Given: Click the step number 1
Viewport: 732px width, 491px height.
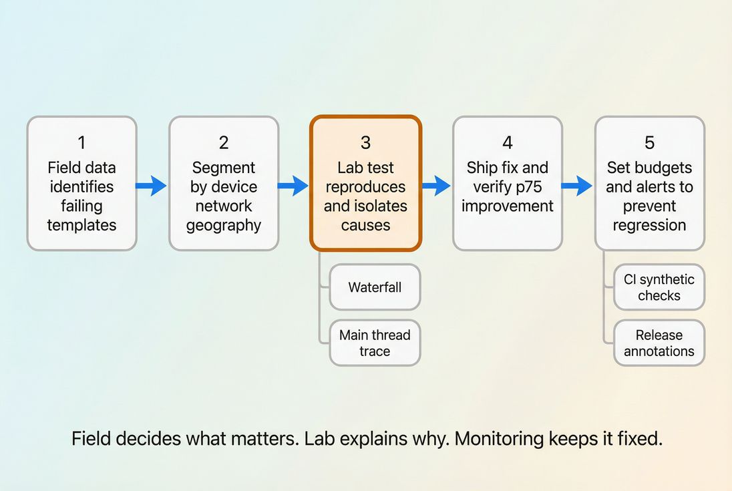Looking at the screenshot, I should pos(81,142).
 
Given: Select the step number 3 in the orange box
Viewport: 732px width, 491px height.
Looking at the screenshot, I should pos(365,142).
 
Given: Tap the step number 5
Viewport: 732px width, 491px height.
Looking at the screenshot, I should pos(649,142).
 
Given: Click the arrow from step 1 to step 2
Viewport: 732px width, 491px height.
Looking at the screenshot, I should pos(152,185).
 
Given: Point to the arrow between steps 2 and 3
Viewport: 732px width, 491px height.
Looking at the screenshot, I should pos(293,185).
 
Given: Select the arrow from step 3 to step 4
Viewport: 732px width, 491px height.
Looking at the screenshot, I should pos(437,185).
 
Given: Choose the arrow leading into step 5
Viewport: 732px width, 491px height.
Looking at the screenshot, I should pos(577,185).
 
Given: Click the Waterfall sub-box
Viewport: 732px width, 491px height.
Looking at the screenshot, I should pos(375,287).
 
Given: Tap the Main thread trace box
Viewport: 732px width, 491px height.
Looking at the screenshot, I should pos(375,343).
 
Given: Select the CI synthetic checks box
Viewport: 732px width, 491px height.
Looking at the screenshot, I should pos(659,287).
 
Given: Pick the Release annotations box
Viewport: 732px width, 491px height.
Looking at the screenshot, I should pos(659,343).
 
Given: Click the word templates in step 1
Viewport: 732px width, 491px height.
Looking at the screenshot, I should pos(81,225).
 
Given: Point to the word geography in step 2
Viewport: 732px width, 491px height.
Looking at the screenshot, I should pos(224,225).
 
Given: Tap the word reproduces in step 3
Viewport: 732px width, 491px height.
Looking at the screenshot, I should pos(365,186).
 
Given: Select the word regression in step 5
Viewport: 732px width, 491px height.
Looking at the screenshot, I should pos(649,225).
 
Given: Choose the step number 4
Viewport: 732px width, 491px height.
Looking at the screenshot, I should pos(508,142).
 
